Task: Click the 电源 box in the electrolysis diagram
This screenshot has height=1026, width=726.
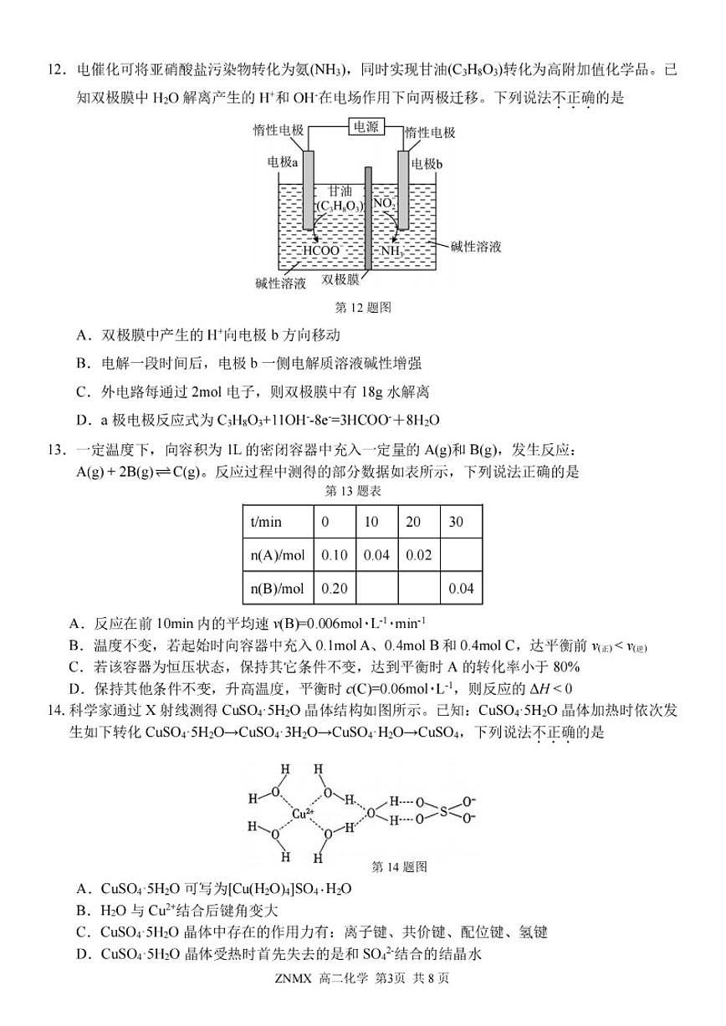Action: pyautogui.click(x=366, y=127)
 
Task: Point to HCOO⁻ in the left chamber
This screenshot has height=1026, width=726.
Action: pyautogui.click(x=321, y=250)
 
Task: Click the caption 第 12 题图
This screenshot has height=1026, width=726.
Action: pyautogui.click(x=363, y=307)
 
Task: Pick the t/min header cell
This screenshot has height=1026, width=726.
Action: pyautogui.click(x=267, y=523)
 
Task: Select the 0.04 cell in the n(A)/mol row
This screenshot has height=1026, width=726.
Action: pyautogui.click(x=377, y=555)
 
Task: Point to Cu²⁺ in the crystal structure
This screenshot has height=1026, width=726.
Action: pyautogui.click(x=303, y=813)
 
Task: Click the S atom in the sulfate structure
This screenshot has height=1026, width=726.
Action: pyautogui.click(x=444, y=810)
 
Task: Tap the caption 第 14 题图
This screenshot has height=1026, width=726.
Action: pyautogui.click(x=398, y=866)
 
